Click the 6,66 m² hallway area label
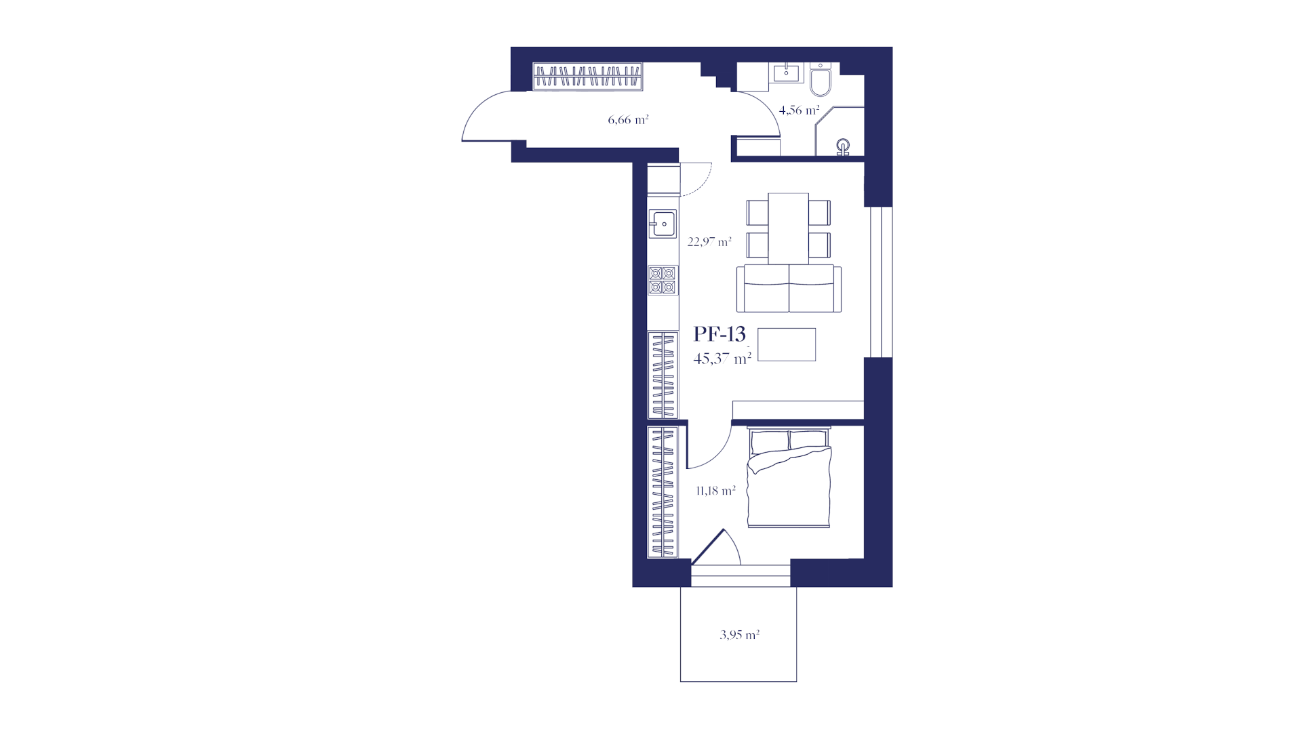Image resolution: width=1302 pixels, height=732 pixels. (x=628, y=120)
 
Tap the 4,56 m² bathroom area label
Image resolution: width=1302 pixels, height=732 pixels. (x=799, y=110)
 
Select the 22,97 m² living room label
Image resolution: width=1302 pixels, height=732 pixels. (x=709, y=241)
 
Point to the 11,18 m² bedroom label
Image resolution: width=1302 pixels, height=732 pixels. (x=716, y=491)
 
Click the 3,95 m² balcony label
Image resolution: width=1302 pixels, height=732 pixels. (x=739, y=635)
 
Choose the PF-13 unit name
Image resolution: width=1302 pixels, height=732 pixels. (x=719, y=333)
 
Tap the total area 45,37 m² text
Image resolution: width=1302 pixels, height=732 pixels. (x=722, y=359)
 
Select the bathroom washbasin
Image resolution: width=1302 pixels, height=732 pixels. (x=787, y=73)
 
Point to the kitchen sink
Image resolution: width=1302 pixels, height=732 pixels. (x=663, y=224)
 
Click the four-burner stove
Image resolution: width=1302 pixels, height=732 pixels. (x=663, y=280)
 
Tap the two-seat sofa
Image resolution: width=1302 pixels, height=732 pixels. (x=789, y=288)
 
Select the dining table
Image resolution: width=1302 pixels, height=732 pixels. (x=788, y=228)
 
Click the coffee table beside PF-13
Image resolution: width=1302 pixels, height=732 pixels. (x=787, y=344)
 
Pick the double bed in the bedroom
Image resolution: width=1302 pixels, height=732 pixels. (x=789, y=477)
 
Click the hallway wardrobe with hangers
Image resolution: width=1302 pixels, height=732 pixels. (x=587, y=77)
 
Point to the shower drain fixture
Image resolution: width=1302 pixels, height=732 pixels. (x=843, y=147)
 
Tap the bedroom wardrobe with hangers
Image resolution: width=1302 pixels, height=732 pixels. (x=663, y=492)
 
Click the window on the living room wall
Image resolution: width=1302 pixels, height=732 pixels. (x=881, y=282)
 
